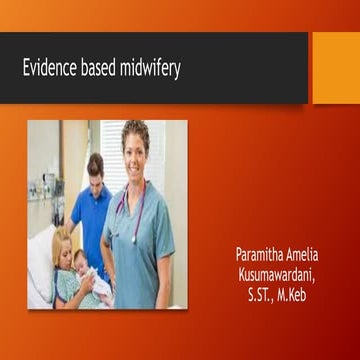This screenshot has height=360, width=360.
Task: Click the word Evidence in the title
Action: (x=50, y=69)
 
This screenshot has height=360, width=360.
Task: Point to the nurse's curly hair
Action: (x=136, y=128)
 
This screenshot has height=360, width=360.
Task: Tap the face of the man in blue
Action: (x=96, y=168)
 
